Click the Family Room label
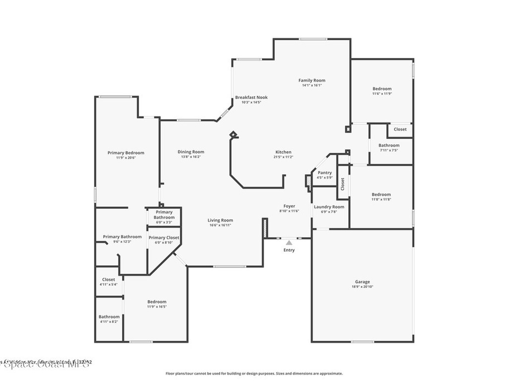[312, 80]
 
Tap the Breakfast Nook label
[251, 97]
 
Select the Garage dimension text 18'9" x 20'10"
[362, 287]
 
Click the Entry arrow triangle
[289, 242]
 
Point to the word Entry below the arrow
[289, 250]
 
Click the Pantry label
[324, 173]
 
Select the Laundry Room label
[328, 207]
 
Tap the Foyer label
[289, 206]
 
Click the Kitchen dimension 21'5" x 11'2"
[283, 157]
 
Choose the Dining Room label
[191, 152]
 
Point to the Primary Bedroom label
[126, 153]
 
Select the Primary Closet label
[164, 238]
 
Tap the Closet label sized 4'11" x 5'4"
[109, 280]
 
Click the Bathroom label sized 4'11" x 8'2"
[109, 317]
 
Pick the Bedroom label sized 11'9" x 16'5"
[157, 302]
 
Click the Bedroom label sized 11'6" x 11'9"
[382, 89]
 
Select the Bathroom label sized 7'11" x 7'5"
[389, 145]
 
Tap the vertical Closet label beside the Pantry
[342, 184]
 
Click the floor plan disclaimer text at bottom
[254, 374]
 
